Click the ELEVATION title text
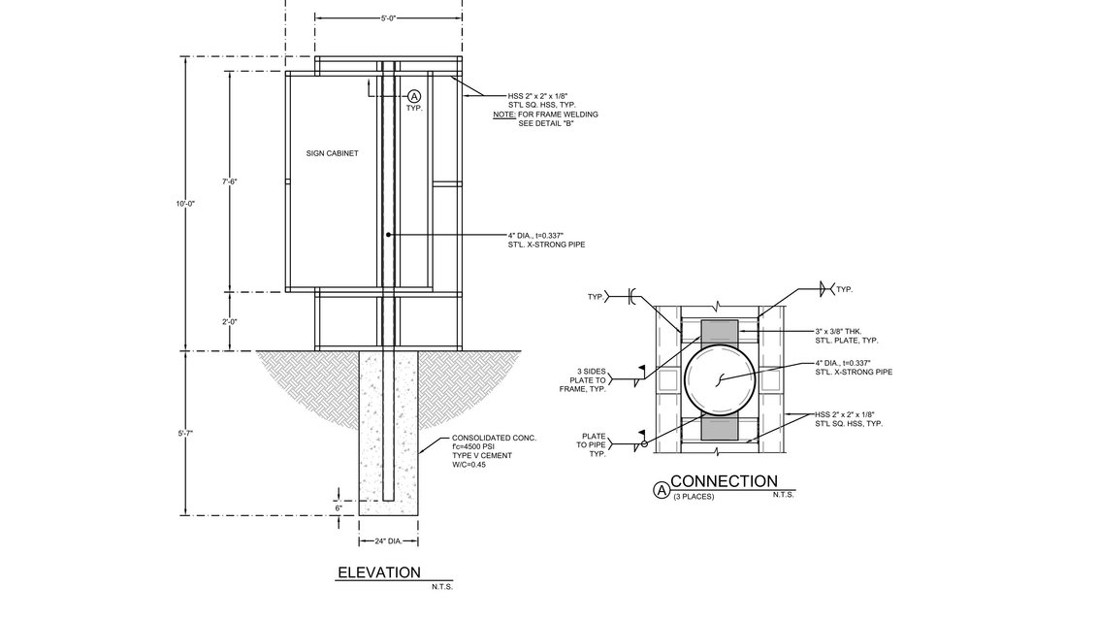point(378,572)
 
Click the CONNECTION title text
point(724,481)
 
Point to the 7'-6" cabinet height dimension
point(230,181)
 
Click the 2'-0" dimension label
point(230,321)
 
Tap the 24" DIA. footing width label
point(388,540)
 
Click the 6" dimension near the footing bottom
point(338,507)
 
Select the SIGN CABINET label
point(333,153)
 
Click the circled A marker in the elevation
point(414,96)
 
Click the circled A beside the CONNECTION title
point(662,491)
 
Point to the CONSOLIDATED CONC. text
point(494,439)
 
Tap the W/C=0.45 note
point(469,465)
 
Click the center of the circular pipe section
point(719,379)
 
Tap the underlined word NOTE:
point(503,114)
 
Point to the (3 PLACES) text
point(693,497)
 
